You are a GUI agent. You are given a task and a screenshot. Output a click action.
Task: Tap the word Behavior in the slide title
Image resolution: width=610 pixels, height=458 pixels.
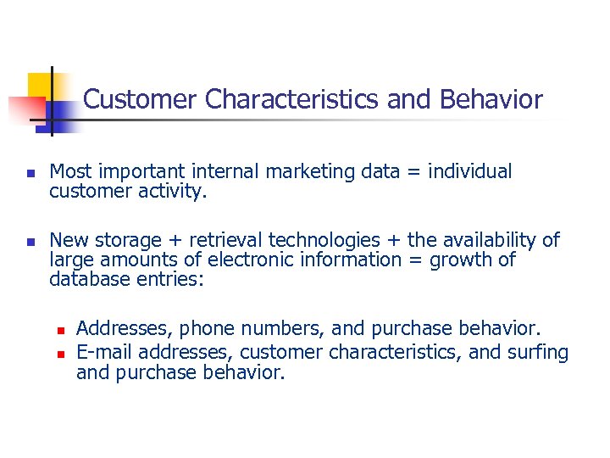pyautogui.click(x=491, y=100)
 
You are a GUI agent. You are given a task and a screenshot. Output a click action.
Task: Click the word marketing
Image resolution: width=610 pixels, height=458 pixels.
pyautogui.click(x=310, y=171)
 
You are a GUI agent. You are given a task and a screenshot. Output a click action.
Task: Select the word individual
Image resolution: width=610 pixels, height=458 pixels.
pyautogui.click(x=469, y=171)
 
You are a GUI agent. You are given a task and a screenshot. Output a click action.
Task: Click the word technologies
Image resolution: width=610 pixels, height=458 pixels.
pyautogui.click(x=331, y=241)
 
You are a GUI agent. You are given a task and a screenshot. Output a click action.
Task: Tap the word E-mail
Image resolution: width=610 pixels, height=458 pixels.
pyautogui.click(x=105, y=352)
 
